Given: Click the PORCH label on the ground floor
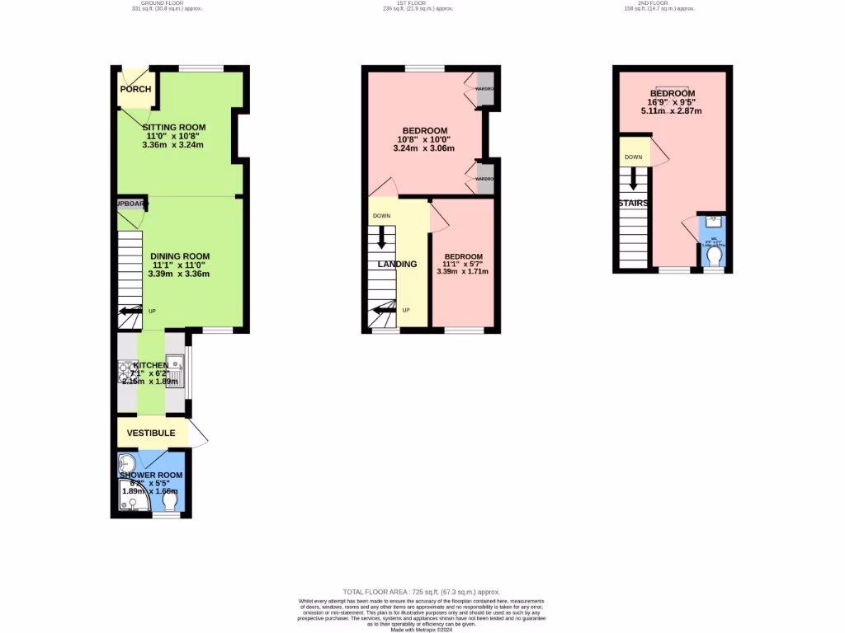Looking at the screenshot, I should pyautogui.click(x=135, y=89).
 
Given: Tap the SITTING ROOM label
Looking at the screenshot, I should pyautogui.click(x=173, y=128).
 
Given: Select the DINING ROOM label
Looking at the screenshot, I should pyautogui.click(x=179, y=256).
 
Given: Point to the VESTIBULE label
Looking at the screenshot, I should pyautogui.click(x=151, y=433).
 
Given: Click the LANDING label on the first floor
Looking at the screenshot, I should pyautogui.click(x=397, y=265).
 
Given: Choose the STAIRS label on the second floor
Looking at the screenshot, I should pyautogui.click(x=634, y=203).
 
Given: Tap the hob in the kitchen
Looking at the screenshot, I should pyautogui.click(x=125, y=373).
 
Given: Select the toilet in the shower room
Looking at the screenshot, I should pyautogui.click(x=171, y=501).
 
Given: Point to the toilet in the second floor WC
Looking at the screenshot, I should pyautogui.click(x=714, y=260).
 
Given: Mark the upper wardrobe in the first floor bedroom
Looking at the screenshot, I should pyautogui.click(x=486, y=89).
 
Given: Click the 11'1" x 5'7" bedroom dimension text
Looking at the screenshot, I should pyautogui.click(x=463, y=268).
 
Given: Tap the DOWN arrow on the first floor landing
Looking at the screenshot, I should pyautogui.click(x=381, y=237).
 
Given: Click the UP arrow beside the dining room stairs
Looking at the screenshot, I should pyautogui.click(x=129, y=312).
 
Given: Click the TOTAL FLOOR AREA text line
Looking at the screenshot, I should pyautogui.click(x=422, y=592).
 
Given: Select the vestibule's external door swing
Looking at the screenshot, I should pyautogui.click(x=199, y=434).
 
